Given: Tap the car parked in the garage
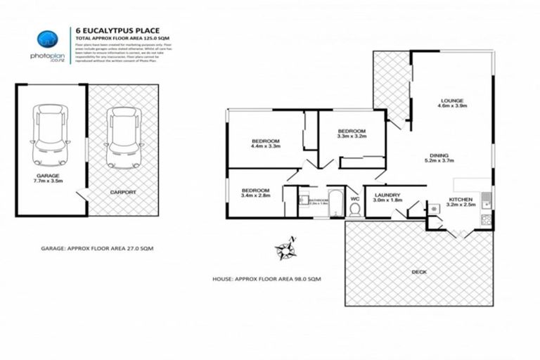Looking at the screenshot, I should click(x=51, y=135).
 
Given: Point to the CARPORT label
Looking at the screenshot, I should click(x=123, y=191).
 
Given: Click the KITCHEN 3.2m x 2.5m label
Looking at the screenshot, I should click(x=461, y=202).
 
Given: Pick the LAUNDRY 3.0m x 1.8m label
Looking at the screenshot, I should click(x=387, y=198).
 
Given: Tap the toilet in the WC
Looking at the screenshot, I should click(x=354, y=210).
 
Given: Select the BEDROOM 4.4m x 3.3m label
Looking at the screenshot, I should click(x=266, y=144).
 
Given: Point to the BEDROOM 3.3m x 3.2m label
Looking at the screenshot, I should click(x=351, y=134).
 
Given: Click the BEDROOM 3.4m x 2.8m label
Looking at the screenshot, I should click(x=256, y=193).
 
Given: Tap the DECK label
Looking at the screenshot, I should click(x=419, y=271).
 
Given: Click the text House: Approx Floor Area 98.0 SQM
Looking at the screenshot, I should click(x=266, y=279).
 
